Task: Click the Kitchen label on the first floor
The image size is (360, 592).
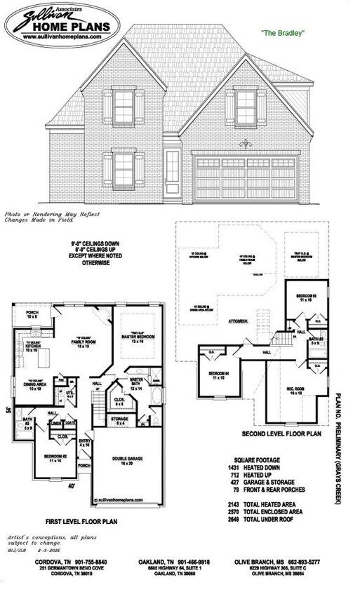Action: [34, 347]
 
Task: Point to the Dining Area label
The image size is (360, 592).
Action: [35, 386]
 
